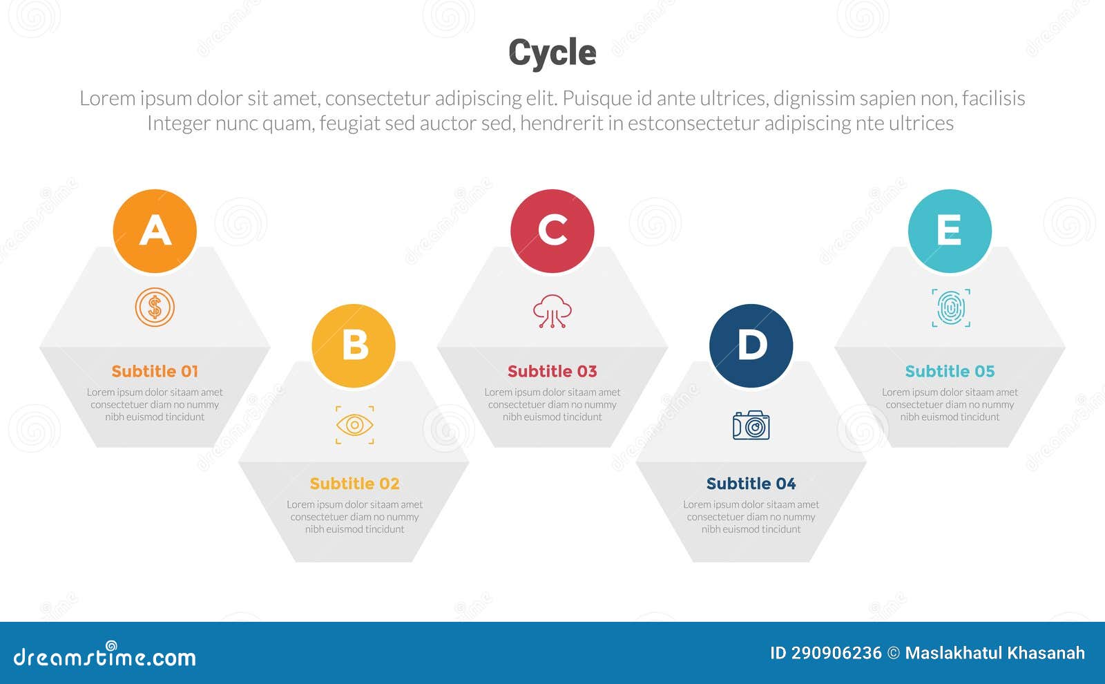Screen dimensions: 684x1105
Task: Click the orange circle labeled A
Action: (x=155, y=231)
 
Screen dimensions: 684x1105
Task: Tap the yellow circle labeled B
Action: (x=354, y=345)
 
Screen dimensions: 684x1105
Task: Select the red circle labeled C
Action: (x=552, y=231)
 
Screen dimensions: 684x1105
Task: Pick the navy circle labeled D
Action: (x=751, y=345)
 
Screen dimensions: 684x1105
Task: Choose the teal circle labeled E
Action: (x=950, y=231)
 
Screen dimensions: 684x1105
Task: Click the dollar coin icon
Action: (x=155, y=307)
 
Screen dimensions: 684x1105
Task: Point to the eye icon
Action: (x=354, y=425)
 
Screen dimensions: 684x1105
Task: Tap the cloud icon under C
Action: (x=552, y=311)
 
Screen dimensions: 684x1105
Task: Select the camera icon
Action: (x=751, y=426)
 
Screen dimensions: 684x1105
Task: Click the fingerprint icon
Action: (x=950, y=308)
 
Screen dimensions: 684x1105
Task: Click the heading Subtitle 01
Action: (x=155, y=372)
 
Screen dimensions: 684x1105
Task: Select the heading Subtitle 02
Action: (x=354, y=484)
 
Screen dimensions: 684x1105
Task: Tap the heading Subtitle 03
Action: (x=552, y=372)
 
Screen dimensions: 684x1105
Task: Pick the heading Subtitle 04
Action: (x=751, y=484)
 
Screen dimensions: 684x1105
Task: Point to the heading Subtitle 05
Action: (x=950, y=372)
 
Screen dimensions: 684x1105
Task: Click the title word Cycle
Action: (x=552, y=53)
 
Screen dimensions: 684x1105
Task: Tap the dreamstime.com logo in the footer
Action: (x=105, y=656)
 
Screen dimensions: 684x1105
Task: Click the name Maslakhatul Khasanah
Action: (x=995, y=653)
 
